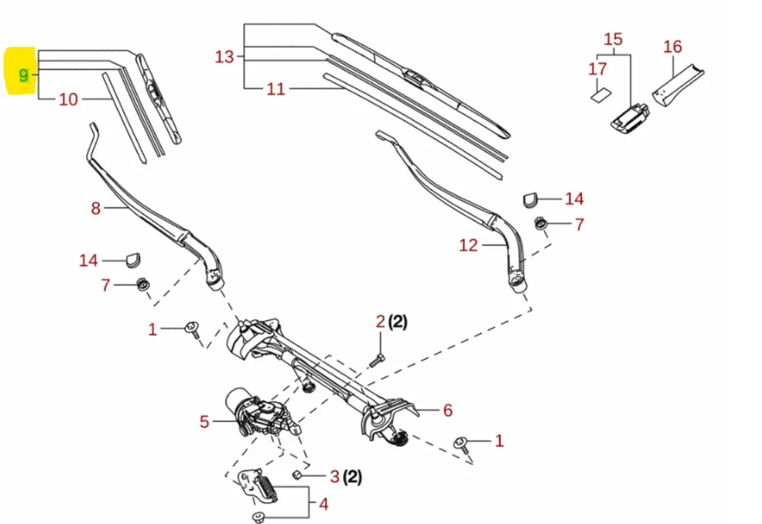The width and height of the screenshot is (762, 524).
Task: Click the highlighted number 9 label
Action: [x=24, y=75]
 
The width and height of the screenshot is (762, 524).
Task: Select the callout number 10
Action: [x=69, y=99]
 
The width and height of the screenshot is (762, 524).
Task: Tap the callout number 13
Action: [x=224, y=56]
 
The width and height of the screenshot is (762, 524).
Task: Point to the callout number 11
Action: [x=276, y=89]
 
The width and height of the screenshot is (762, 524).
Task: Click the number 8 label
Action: [x=95, y=207]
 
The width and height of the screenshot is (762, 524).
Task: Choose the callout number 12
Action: [x=468, y=244]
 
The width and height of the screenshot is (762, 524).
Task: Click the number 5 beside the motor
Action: [x=204, y=420]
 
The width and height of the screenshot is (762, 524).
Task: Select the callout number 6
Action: [x=448, y=411]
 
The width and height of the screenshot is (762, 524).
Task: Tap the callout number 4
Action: [x=323, y=504]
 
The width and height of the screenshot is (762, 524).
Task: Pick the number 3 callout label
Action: [x=334, y=478]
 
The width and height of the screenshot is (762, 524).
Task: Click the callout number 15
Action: [x=613, y=39]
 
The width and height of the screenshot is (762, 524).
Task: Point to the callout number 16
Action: [x=673, y=46]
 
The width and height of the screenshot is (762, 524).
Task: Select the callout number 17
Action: [x=597, y=69]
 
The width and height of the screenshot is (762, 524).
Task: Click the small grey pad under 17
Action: [x=600, y=95]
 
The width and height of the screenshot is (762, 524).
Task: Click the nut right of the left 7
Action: [x=141, y=286]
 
